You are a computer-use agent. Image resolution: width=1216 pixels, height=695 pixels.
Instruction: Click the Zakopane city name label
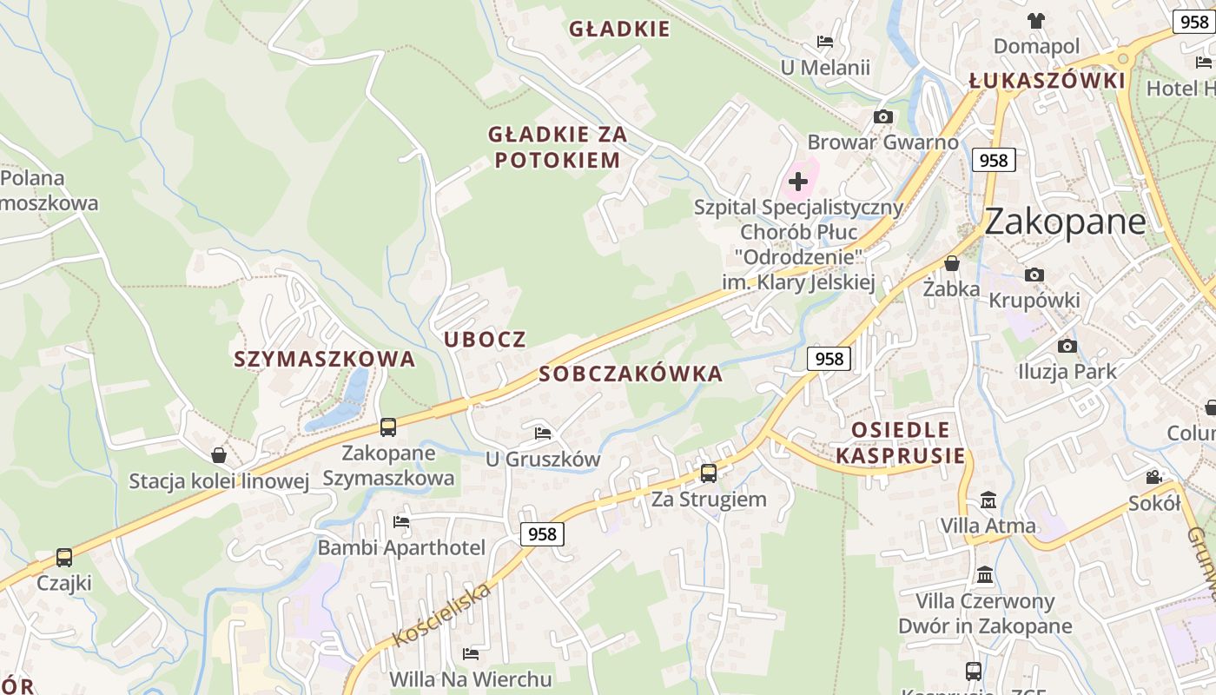coord(1065,222)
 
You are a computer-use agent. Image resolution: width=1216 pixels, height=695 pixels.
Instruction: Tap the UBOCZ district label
coord(486,340)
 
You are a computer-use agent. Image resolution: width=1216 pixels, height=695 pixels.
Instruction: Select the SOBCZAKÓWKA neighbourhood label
coord(631,374)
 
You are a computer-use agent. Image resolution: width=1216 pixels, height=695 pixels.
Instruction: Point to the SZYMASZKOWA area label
coord(324,360)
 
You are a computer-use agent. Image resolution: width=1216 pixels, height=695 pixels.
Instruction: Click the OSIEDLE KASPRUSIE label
coord(901,443)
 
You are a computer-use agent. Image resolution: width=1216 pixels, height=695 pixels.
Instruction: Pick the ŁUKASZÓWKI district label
coord(1047,82)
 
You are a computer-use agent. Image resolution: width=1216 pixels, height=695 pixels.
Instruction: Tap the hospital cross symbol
coord(798,182)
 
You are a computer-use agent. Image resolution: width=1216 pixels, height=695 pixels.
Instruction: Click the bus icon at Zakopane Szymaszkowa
coord(388,427)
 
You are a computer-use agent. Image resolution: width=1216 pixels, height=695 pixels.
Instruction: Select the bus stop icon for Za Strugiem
coord(709,473)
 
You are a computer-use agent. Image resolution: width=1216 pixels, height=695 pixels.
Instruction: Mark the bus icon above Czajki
coord(64,558)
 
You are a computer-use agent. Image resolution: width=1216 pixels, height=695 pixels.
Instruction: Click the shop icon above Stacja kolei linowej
coord(219,455)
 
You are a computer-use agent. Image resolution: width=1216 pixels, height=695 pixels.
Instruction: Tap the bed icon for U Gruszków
coord(543,433)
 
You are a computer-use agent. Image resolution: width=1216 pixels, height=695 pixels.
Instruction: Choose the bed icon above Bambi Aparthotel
coord(400,522)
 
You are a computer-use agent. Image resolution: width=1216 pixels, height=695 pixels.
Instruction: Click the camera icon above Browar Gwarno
coord(883,117)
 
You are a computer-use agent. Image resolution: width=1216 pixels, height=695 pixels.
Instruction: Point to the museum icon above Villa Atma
coord(988,500)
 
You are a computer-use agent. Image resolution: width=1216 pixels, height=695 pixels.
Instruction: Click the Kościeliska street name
coord(442,615)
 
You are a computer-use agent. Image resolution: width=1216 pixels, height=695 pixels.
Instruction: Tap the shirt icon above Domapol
coord(1036,20)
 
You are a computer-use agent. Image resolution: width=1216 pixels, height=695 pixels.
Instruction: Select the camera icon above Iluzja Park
coord(1067,347)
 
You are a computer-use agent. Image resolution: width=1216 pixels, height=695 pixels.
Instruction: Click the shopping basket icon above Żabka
coord(952,263)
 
